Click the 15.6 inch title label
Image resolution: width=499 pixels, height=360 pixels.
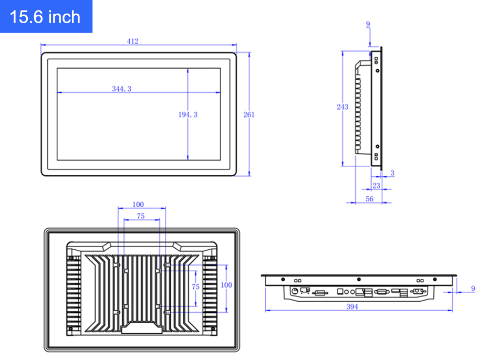click(x=45, y=17)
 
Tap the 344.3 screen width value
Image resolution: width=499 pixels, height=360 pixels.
click(x=121, y=89)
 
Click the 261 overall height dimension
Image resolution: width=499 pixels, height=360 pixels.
click(x=249, y=114)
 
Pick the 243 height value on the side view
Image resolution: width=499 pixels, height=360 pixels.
click(x=342, y=107)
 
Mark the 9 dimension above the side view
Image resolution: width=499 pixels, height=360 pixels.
click(x=368, y=24)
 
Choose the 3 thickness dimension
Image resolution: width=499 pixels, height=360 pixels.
click(x=392, y=173)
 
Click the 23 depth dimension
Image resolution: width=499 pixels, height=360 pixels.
click(x=376, y=186)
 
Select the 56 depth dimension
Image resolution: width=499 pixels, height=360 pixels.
click(x=369, y=199)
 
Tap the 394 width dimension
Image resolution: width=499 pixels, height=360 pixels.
click(x=352, y=306)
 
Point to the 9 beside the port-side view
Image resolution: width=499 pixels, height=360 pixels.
click(x=473, y=289)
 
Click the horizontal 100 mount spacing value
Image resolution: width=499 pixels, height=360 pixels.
click(x=138, y=205)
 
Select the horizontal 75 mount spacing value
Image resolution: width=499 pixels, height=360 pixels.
click(x=140, y=216)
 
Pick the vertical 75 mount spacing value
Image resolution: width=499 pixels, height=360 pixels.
click(x=195, y=287)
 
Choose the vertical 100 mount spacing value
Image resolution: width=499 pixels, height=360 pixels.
click(x=226, y=285)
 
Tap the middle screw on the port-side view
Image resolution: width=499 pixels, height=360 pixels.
click(x=359, y=279)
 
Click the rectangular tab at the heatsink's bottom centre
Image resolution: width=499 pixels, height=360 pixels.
click(x=141, y=329)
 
